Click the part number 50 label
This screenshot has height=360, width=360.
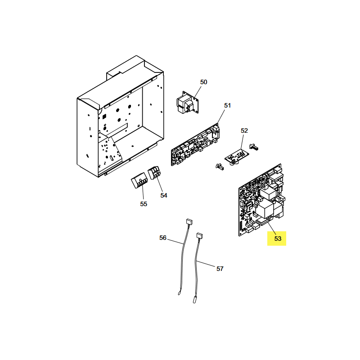coord(204,82)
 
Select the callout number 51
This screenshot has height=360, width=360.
coord(227,105)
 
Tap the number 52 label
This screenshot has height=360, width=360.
coord(244,130)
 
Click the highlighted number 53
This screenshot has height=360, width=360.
coord(278,238)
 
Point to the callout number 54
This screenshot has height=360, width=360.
coord(164,195)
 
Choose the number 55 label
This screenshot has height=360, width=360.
coord(144,204)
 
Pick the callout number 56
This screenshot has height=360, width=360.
coord(163,238)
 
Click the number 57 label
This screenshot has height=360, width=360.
coord(220,269)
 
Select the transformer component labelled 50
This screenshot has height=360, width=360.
coord(188,103)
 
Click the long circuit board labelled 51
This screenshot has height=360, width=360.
coord(195,145)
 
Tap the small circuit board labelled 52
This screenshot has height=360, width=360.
coord(237,157)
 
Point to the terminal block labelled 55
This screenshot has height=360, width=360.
coord(139,181)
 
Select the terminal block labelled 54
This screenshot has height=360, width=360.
coord(154,173)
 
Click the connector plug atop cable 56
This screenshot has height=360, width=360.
coord(189,221)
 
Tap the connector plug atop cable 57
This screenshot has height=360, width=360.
coord(199,236)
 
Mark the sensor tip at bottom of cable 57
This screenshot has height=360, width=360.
coord(195,300)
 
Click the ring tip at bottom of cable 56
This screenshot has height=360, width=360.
coord(179,293)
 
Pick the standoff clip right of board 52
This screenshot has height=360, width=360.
coord(254,147)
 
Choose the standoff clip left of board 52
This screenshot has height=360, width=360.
coord(220,166)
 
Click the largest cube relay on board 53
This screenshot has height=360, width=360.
coord(265,208)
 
